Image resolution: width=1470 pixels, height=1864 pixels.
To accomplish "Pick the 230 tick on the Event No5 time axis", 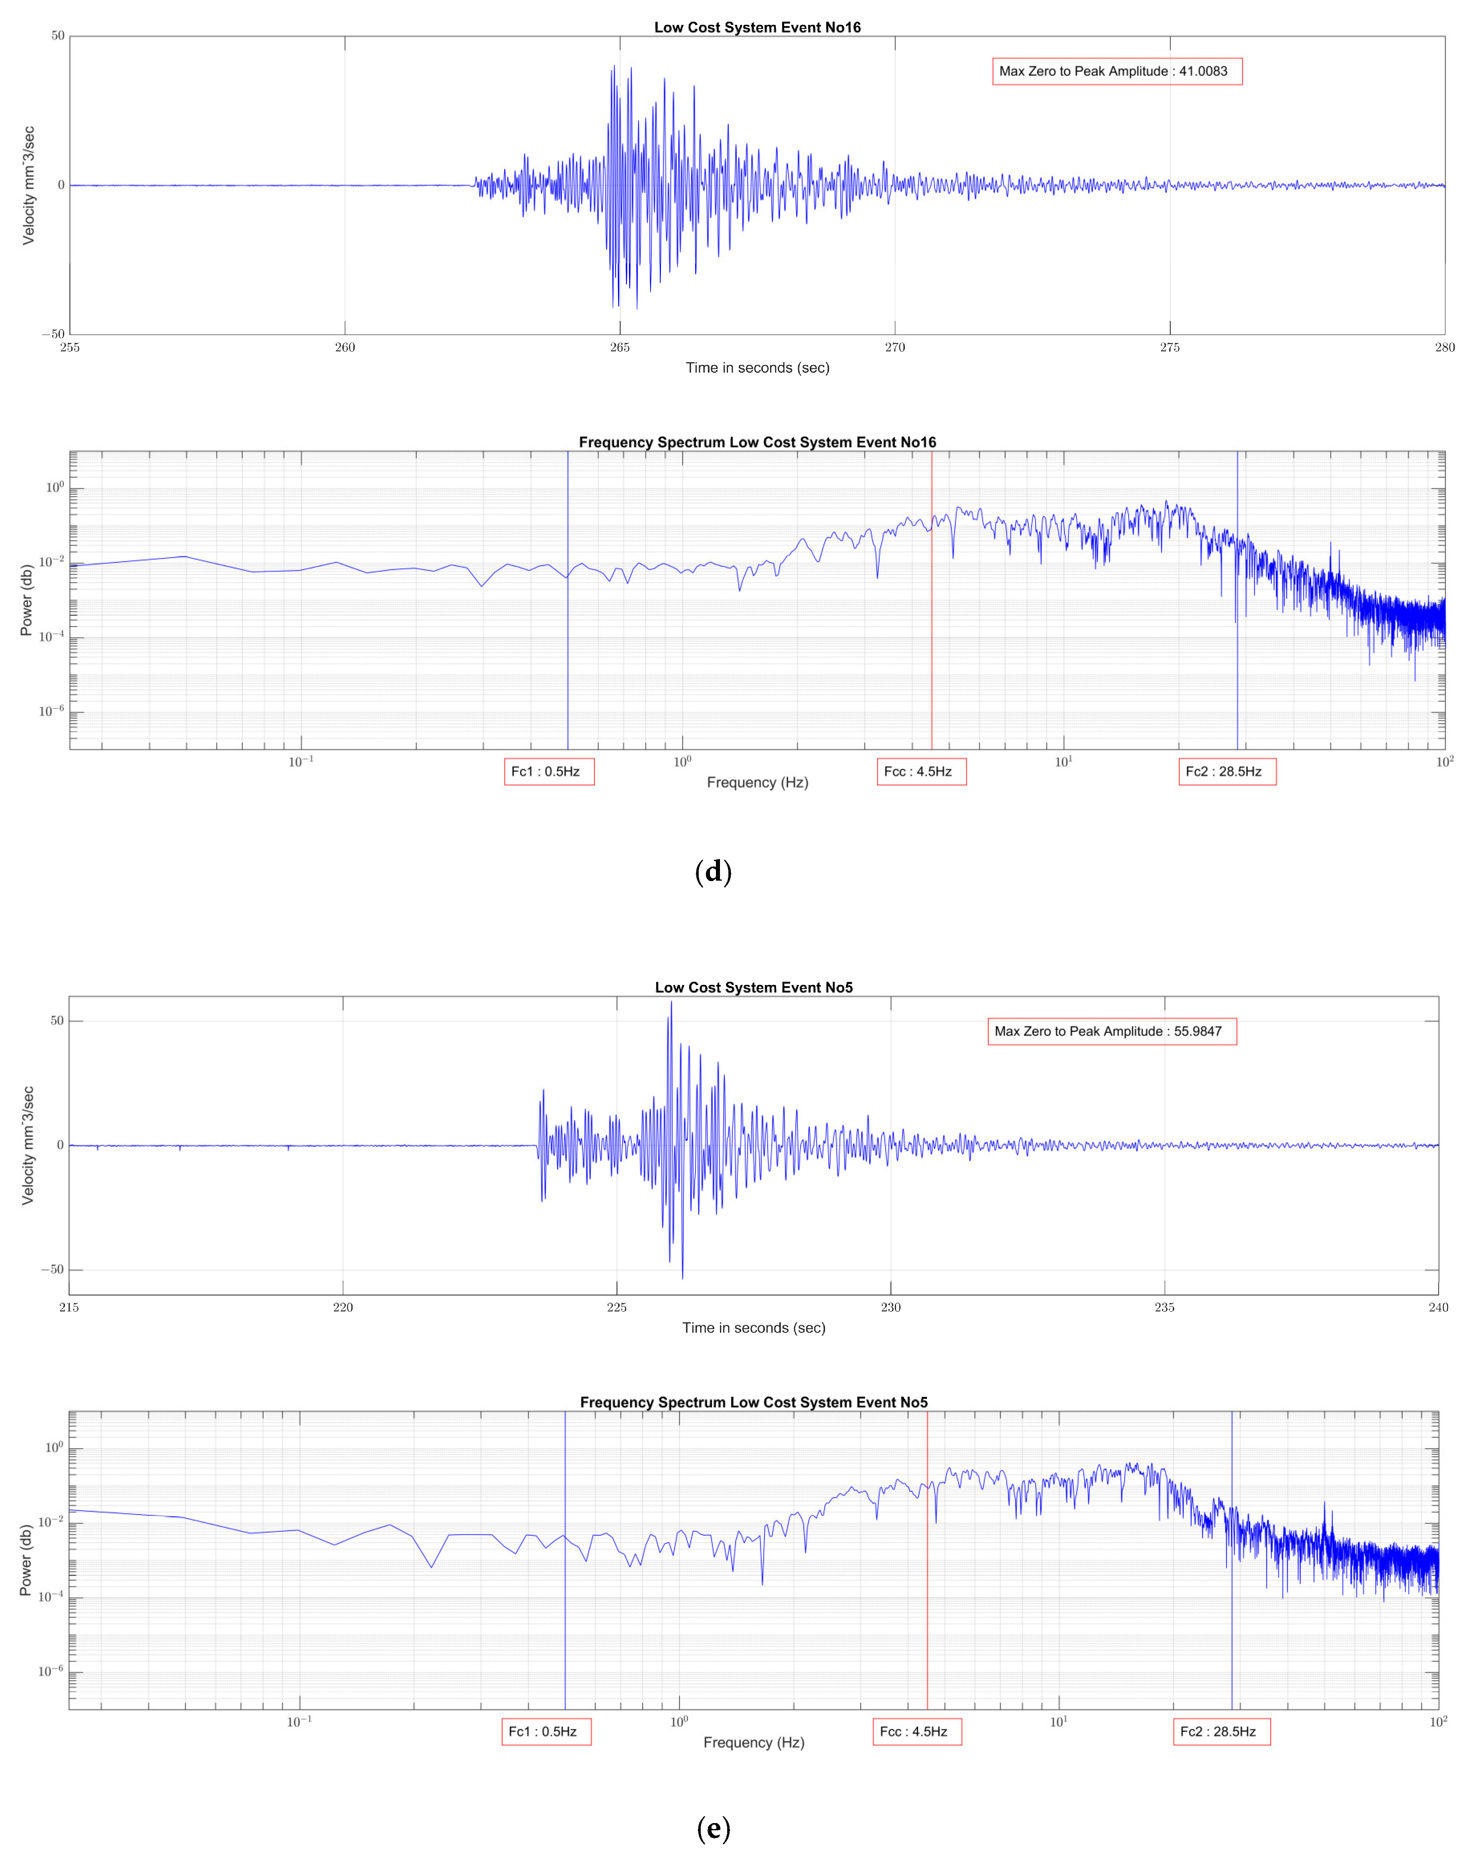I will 891,1307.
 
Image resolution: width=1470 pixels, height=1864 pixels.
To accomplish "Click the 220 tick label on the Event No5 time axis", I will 343,1307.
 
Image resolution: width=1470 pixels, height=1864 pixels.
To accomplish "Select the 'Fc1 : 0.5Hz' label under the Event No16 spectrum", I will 548,772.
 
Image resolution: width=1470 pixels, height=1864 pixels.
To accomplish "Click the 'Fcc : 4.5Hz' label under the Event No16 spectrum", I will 921,772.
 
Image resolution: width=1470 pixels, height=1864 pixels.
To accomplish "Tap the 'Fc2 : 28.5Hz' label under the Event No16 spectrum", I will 1227,772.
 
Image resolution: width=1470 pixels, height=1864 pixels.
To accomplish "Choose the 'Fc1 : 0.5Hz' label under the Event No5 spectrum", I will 545,1732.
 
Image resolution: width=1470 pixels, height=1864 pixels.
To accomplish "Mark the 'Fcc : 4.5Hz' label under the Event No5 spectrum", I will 916,1732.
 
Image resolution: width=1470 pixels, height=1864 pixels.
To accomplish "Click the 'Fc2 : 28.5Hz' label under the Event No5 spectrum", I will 1221,1732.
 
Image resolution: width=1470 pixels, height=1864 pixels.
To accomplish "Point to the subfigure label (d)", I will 713,872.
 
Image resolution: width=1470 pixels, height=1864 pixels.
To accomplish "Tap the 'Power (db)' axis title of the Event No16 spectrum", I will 27,600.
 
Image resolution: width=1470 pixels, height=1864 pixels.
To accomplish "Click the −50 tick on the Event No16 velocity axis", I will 53,334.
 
